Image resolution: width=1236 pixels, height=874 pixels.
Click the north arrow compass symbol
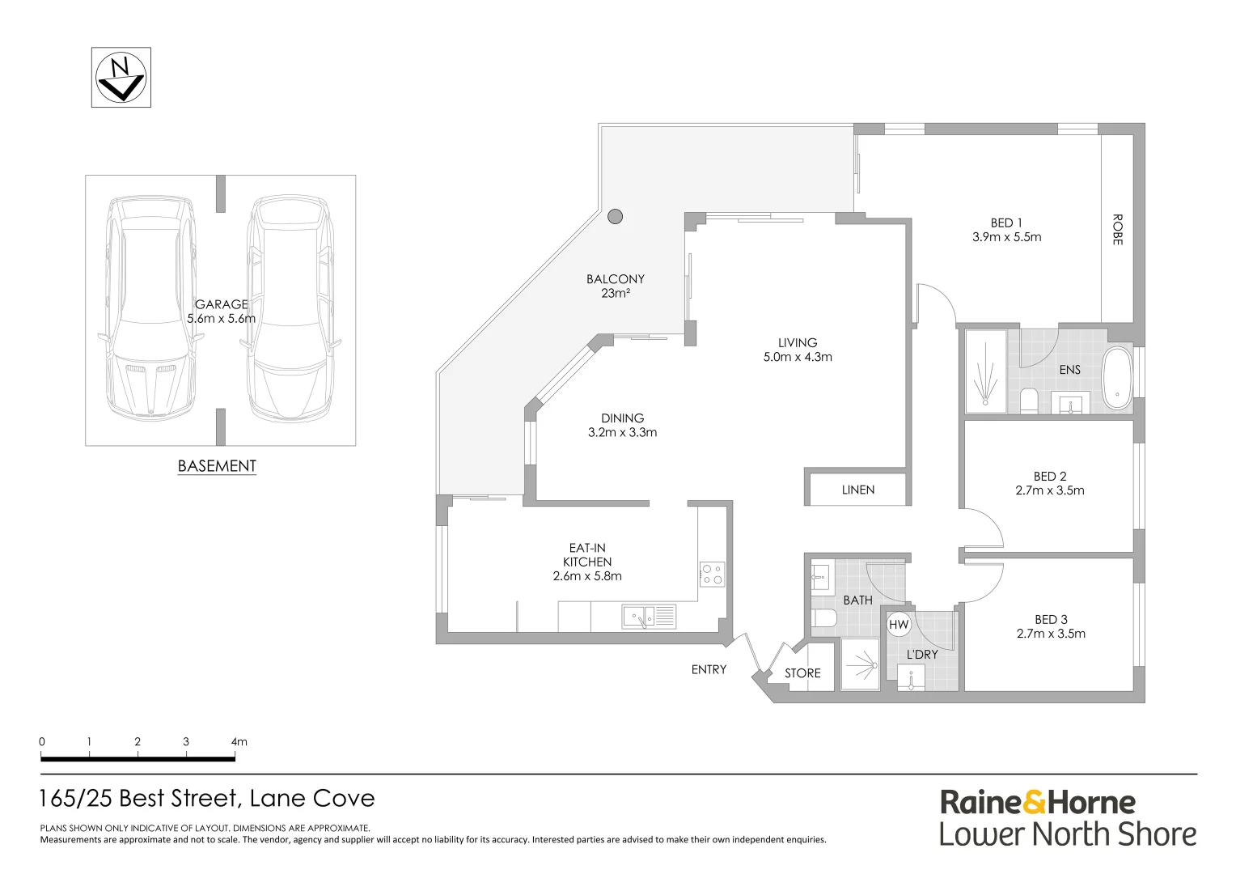click(x=121, y=77)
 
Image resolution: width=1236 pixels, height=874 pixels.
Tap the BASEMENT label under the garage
click(x=217, y=466)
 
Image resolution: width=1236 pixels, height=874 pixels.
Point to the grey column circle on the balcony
click(x=616, y=216)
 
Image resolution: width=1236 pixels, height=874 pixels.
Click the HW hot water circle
click(x=899, y=625)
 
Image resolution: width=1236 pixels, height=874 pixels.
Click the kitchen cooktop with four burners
click(x=713, y=574)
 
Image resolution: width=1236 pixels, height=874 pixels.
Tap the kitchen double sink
click(x=649, y=617)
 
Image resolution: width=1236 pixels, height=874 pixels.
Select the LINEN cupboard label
click(x=858, y=490)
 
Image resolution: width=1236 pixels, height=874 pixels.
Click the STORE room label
click(x=802, y=673)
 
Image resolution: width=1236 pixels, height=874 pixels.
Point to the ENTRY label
click(x=709, y=669)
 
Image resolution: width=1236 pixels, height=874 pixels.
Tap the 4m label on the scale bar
click(x=239, y=741)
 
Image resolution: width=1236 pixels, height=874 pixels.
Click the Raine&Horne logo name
click(x=1038, y=803)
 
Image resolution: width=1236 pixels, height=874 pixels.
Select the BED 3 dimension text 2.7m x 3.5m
click(x=1051, y=634)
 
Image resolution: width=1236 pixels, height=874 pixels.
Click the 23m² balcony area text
click(x=616, y=294)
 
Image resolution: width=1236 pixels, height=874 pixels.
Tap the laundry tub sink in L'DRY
click(x=912, y=679)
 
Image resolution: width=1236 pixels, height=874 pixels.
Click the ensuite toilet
click(x=1029, y=401)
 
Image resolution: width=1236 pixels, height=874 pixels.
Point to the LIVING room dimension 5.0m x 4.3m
click(x=798, y=357)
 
